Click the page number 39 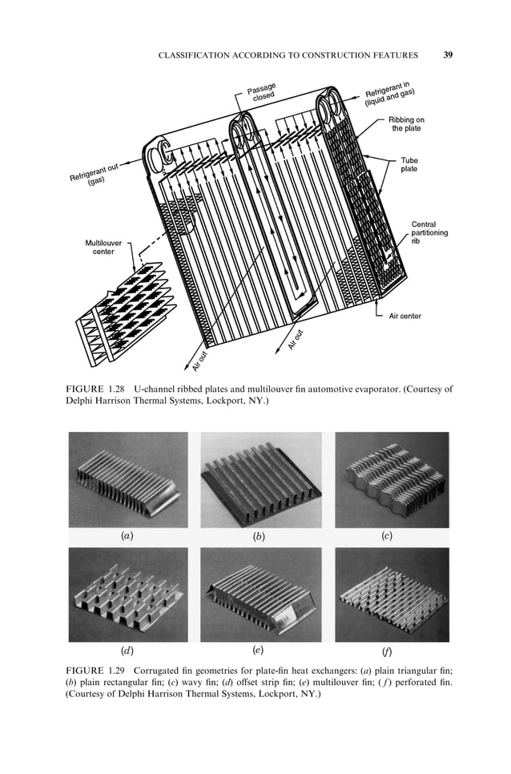point(448,55)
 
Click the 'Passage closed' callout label point(262,92)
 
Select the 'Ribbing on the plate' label point(406,123)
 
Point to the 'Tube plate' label point(408,165)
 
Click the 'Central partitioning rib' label point(429,232)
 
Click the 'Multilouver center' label point(99,246)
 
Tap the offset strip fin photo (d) point(128,594)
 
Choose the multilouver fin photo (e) point(260,594)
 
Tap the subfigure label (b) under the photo point(259,537)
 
